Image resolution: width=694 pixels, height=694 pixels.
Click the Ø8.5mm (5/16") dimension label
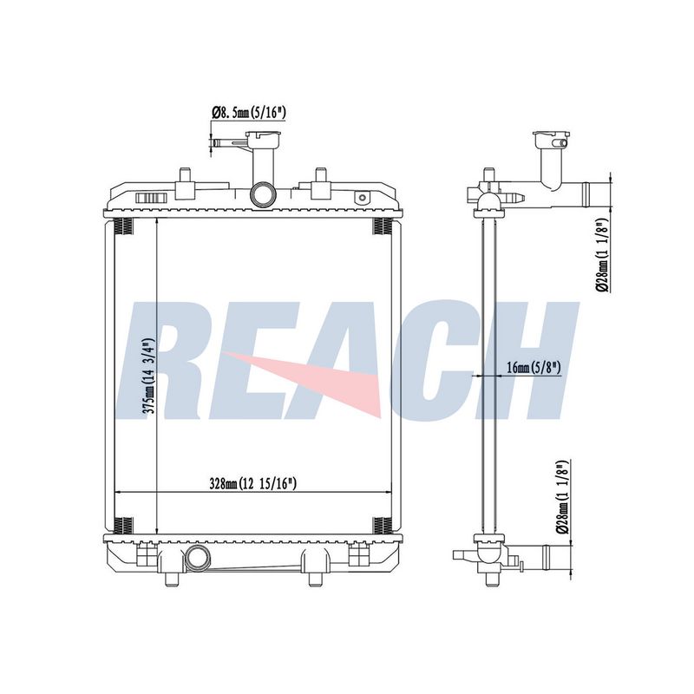[x=249, y=113]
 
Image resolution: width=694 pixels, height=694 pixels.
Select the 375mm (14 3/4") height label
[x=147, y=376]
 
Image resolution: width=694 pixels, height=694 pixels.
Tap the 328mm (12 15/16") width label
[x=252, y=484]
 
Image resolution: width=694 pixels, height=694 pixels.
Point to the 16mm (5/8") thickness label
[x=534, y=367]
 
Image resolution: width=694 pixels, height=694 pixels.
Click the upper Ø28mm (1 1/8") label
[x=604, y=255]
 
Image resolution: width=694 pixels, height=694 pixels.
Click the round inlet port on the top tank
[x=264, y=194]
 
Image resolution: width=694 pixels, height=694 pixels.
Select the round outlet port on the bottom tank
[x=199, y=557]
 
